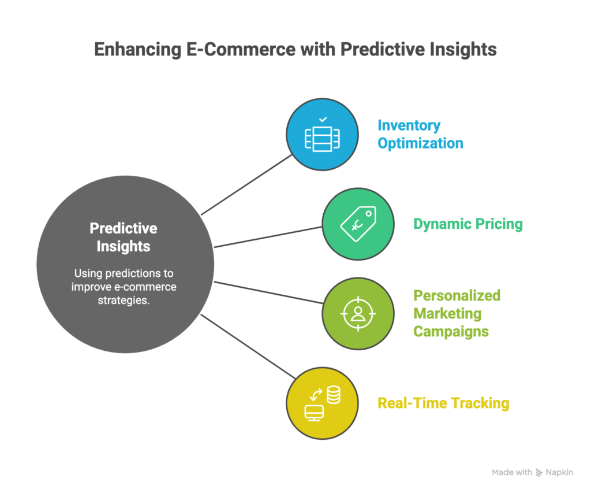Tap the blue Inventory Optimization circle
pyautogui.click(x=322, y=134)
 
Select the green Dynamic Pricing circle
pyautogui.click(x=358, y=224)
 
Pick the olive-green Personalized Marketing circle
pyautogui.click(x=358, y=313)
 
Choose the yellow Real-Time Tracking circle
pyautogui.click(x=322, y=403)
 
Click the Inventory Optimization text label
pyautogui.click(x=420, y=134)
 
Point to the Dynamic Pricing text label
pyautogui.click(x=467, y=224)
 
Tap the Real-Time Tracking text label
pyautogui.click(x=443, y=403)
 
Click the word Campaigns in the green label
pyautogui.click(x=451, y=332)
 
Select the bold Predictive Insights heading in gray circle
pyautogui.click(x=124, y=237)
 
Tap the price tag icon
pyautogui.click(x=358, y=224)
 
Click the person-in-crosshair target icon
pyautogui.click(x=358, y=313)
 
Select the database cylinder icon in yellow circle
pyautogui.click(x=333, y=395)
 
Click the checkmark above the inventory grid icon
pyautogui.click(x=323, y=119)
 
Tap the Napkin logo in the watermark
pyautogui.click(x=540, y=473)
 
